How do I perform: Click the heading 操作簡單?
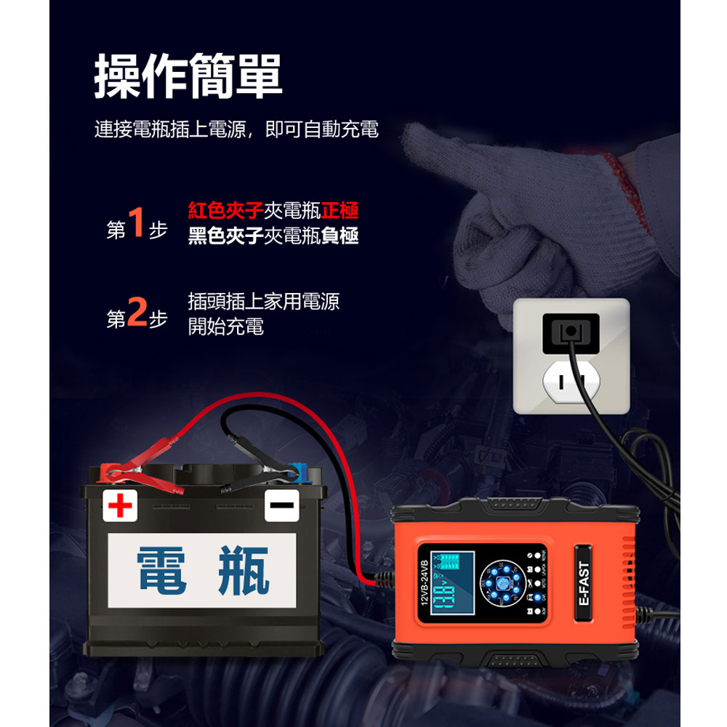188,76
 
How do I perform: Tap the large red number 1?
137,222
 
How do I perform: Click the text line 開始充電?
225,326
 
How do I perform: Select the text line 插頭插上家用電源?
263,302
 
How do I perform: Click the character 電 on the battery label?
163,569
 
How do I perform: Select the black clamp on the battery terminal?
247,476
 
